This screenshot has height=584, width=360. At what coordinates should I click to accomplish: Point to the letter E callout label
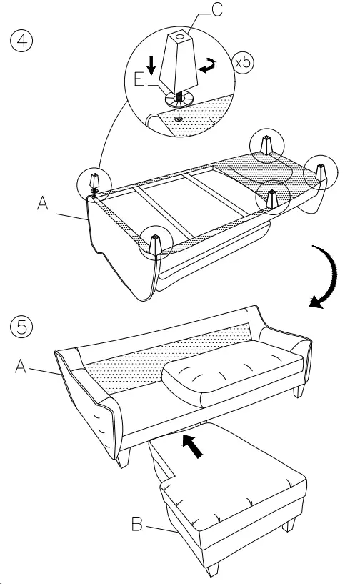140,77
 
